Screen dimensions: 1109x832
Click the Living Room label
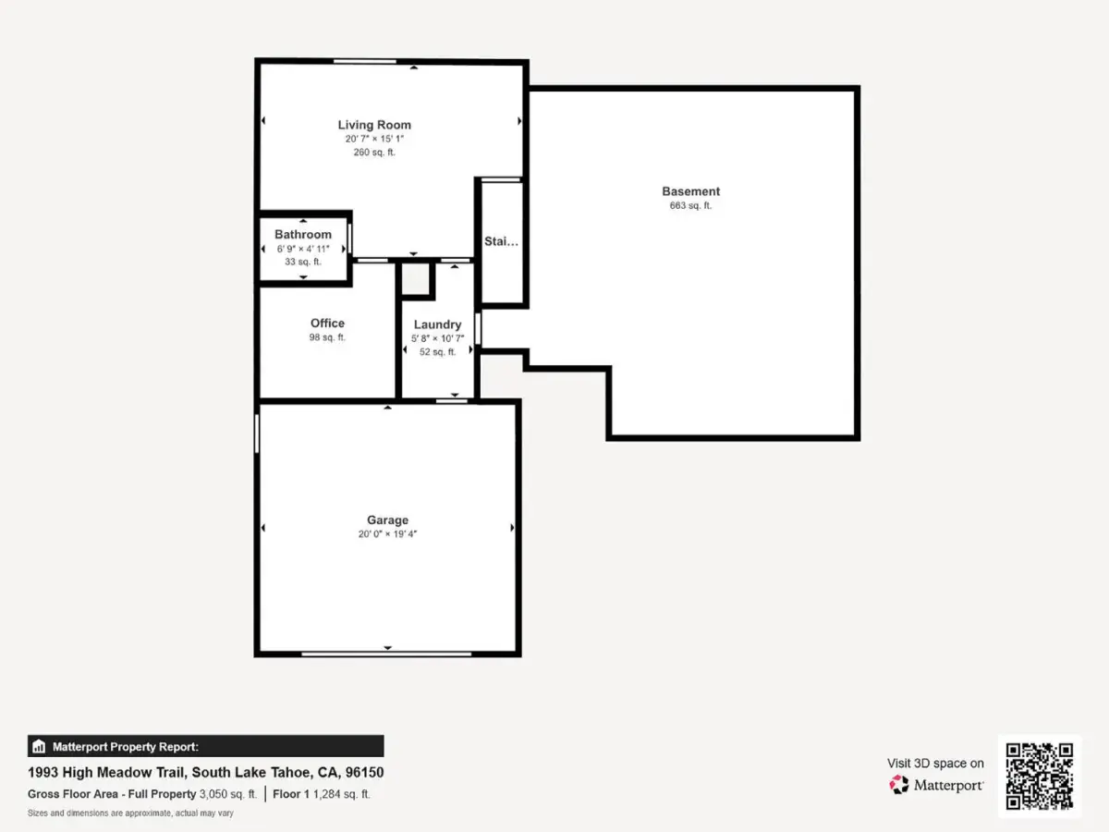click(374, 125)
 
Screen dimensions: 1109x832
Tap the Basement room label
click(690, 191)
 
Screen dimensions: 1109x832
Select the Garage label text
click(387, 520)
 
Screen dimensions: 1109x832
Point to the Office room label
click(327, 323)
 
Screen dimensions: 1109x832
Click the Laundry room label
click(437, 324)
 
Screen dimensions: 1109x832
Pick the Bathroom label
click(303, 235)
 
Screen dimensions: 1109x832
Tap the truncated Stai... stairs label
click(501, 241)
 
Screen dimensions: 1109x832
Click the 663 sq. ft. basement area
click(690, 205)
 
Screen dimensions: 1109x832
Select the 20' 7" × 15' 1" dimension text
click(374, 139)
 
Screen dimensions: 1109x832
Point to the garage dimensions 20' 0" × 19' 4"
click(387, 534)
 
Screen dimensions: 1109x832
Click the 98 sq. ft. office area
click(327, 336)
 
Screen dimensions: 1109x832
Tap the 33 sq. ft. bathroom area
click(303, 262)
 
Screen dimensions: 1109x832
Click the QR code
click(1040, 776)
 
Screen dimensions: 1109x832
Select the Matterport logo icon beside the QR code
click(899, 785)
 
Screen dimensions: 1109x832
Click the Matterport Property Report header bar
click(206, 746)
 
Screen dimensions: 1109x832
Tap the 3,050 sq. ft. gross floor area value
click(228, 794)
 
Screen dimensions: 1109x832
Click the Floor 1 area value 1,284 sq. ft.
click(342, 794)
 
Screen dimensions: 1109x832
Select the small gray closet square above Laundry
click(415, 279)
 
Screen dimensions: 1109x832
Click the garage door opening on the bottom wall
click(386, 654)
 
